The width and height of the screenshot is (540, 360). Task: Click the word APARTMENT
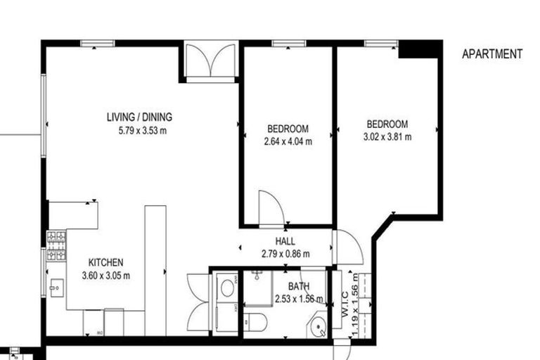tap(491, 54)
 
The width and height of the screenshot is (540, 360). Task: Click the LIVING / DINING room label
tap(139, 117)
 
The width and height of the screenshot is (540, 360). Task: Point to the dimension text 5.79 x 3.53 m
tap(139, 130)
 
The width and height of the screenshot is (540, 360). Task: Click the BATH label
tap(299, 287)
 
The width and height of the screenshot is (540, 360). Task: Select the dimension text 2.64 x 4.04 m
tap(287, 141)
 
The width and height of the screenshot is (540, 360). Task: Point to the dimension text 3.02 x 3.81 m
tap(387, 136)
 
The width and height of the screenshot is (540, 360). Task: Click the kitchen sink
tap(56, 287)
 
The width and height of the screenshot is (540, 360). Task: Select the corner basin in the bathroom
tap(319, 327)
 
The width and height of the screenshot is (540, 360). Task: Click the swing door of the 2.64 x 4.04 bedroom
tap(270, 208)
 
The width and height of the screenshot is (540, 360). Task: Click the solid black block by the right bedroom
tap(420, 49)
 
